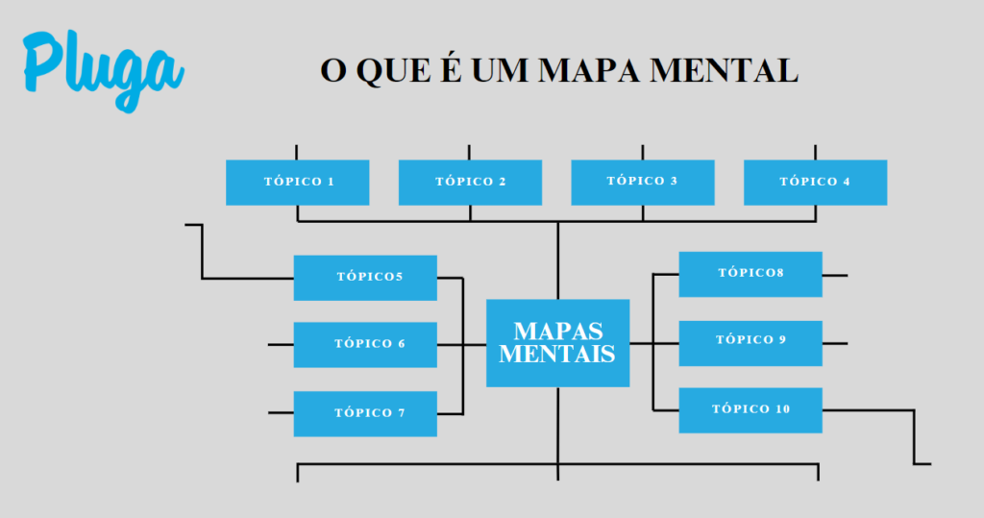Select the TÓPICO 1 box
pos(297,182)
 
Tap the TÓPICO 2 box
pos(470,182)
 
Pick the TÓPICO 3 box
pos(642,182)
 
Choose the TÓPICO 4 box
pos(815,182)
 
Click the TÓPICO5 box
pos(365,278)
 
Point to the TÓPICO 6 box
pos(365,344)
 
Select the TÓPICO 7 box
pos(365,413)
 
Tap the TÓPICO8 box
pos(750,274)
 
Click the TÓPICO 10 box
pos(750,409)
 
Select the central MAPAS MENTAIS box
pos(557,342)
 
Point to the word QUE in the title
pos(388,70)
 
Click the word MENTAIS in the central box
pos(557,354)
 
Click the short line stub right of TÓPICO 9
pos(834,343)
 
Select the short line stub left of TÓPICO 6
pos(281,344)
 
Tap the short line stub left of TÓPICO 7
pos(281,413)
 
